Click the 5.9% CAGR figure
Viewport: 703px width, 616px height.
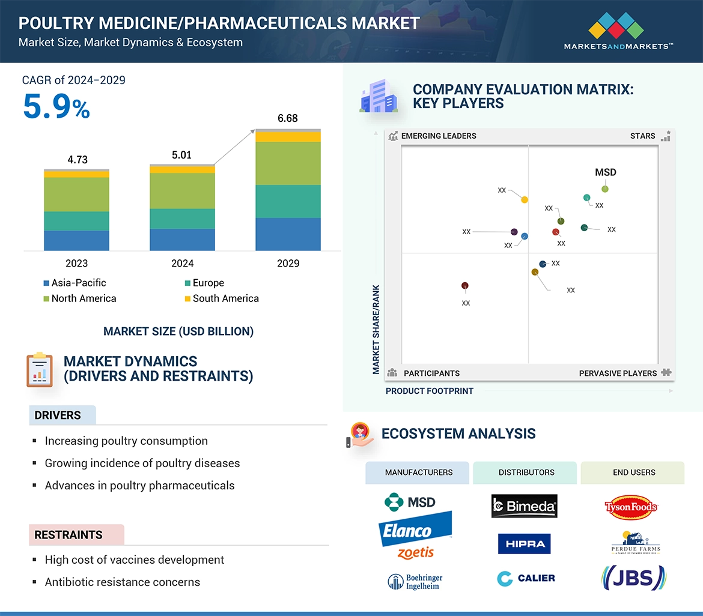[56, 106]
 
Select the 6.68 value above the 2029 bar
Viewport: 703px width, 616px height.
[288, 118]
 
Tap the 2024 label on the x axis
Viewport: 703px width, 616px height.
[182, 264]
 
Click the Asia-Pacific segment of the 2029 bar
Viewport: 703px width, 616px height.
[288, 234]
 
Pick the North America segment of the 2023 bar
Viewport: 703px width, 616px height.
[76, 195]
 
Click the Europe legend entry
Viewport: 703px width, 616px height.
[204, 283]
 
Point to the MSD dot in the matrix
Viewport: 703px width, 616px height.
[605, 189]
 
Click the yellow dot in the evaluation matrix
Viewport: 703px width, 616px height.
[525, 200]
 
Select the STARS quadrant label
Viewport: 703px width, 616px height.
[642, 136]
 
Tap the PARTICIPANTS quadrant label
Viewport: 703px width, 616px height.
[431, 373]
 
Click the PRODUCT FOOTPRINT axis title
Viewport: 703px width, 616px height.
[429, 391]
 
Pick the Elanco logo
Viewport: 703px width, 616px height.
[414, 529]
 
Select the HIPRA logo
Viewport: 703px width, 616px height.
[524, 544]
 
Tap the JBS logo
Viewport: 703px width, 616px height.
[633, 578]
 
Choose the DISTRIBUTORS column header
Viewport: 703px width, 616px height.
[526, 473]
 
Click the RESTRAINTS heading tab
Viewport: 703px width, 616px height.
[68, 535]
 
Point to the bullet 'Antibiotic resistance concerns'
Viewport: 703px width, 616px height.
[123, 582]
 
